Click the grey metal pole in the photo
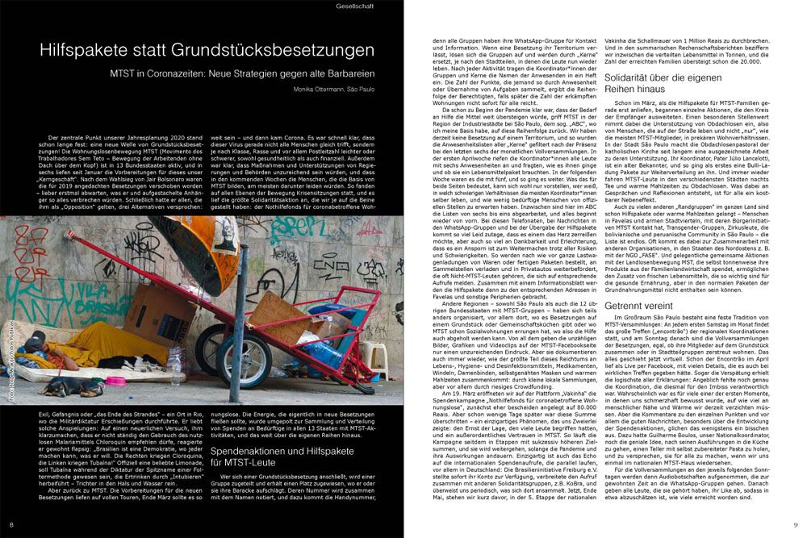pyautogui.click(x=237, y=323)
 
